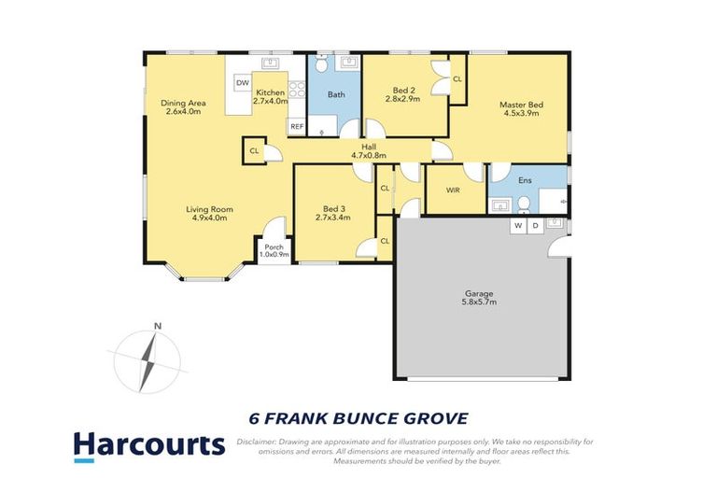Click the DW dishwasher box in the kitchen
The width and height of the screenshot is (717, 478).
[x=242, y=83]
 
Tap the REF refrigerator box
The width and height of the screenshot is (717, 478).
[x=297, y=126]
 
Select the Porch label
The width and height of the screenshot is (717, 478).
[x=274, y=247]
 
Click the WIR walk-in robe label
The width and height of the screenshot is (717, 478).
[x=453, y=190]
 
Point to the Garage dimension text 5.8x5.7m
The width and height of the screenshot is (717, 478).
[x=480, y=302]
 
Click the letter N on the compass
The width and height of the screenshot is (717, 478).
[x=158, y=326]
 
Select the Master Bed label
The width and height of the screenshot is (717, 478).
[x=521, y=105]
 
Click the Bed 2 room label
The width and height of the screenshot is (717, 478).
[x=406, y=91]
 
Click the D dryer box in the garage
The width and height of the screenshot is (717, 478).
[x=535, y=226]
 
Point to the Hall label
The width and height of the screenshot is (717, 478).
[x=369, y=148]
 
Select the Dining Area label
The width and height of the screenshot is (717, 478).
[x=183, y=103]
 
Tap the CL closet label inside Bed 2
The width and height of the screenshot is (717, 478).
[x=457, y=80]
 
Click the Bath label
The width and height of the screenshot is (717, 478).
[x=335, y=94]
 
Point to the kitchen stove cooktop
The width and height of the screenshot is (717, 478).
[x=297, y=91]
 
